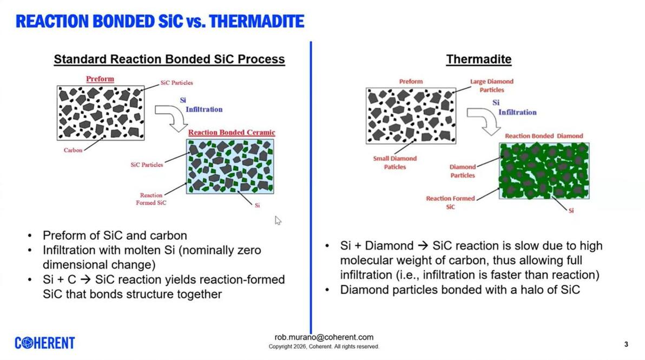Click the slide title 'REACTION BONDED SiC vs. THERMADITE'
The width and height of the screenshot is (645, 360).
[x=160, y=22]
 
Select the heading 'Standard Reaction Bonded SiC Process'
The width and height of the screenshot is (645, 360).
[x=169, y=59]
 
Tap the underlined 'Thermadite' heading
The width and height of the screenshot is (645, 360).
[x=479, y=59]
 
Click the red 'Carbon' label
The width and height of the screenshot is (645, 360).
[x=73, y=150]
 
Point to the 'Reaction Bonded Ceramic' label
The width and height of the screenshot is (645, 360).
[x=232, y=133]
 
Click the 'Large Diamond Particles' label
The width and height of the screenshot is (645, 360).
[x=491, y=86]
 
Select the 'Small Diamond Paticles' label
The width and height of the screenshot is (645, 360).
[x=395, y=162]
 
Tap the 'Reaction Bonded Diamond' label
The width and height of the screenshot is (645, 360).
[x=544, y=136]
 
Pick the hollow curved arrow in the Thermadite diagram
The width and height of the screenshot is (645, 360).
[x=484, y=121]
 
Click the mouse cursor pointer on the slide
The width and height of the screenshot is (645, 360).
[x=278, y=220]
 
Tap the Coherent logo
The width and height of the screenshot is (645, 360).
[x=45, y=343]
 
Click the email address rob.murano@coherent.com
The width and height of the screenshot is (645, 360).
[x=324, y=337]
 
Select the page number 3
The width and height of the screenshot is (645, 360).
[x=626, y=344]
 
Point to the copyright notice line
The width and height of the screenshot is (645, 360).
[x=324, y=347]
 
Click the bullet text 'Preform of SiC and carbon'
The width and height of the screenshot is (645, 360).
[x=115, y=235]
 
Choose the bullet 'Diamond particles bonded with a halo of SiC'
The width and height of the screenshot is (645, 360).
[x=460, y=290]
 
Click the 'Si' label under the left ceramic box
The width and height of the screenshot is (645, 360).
[x=257, y=205]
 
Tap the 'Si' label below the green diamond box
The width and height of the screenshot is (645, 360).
[x=571, y=211]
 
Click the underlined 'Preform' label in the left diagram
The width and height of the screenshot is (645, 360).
[x=100, y=79]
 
